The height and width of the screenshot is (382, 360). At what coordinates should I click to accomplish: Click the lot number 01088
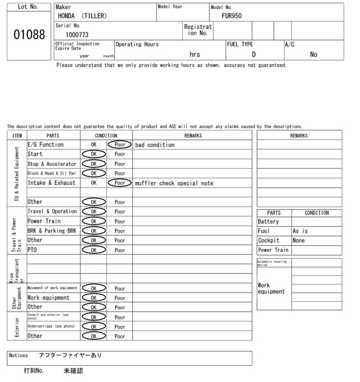(29, 35)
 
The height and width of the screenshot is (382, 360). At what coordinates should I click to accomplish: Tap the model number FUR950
(232, 16)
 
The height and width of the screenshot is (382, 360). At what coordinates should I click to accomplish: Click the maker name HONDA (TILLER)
(82, 16)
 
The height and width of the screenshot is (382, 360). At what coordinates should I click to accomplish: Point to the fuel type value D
(254, 54)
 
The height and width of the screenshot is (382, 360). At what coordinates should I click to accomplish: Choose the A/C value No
(313, 54)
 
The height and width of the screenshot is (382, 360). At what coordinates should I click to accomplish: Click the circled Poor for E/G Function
(120, 145)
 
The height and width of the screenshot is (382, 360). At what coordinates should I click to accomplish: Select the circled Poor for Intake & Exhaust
(120, 183)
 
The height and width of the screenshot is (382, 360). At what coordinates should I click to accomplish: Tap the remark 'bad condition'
(155, 145)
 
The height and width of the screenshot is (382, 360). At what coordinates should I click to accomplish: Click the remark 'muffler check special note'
(174, 183)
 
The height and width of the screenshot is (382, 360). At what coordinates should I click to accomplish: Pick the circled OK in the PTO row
(94, 250)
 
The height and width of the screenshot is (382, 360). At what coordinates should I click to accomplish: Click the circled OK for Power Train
(94, 221)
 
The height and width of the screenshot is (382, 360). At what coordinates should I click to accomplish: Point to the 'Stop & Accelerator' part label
(52, 164)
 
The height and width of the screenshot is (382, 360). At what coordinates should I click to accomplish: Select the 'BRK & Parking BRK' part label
(52, 231)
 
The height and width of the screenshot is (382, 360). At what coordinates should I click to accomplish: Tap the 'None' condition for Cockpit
(299, 240)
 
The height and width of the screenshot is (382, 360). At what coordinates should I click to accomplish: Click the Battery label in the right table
(268, 222)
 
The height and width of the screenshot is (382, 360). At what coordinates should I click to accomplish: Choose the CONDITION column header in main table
(106, 135)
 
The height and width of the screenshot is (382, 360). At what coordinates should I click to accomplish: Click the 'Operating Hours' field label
(137, 44)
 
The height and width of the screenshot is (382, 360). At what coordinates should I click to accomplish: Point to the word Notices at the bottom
(19, 356)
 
